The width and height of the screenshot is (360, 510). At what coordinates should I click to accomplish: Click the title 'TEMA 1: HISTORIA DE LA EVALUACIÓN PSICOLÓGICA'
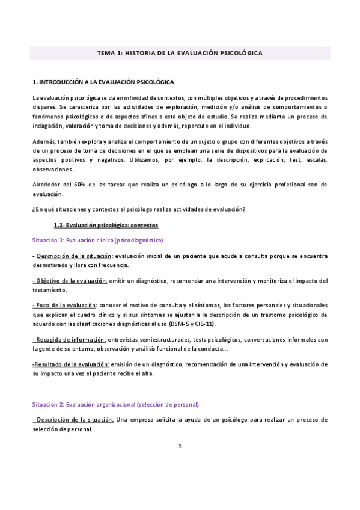pos(180,53)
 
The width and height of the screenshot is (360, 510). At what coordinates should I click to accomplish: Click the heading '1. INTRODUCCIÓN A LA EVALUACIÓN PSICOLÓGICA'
pos(104,81)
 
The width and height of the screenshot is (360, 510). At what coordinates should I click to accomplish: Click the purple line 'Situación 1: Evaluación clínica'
pos(98,240)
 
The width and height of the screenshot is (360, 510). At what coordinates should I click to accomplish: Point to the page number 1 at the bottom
pos(180,446)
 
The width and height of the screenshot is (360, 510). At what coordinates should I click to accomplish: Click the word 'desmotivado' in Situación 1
pos(52,265)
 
